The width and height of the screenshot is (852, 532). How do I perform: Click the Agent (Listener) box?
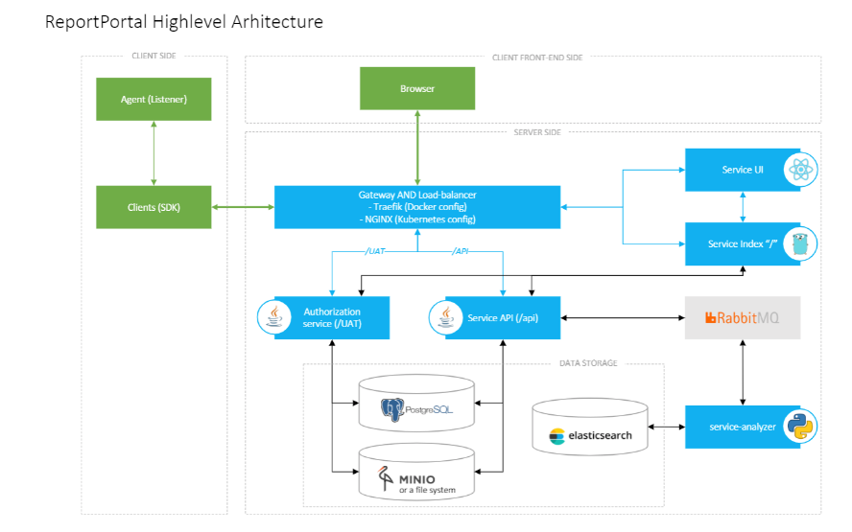(154, 100)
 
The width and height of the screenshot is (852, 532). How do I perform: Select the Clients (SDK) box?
(154, 207)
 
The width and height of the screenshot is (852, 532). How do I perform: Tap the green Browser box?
(416, 88)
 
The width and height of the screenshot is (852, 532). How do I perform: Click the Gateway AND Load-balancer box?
(416, 207)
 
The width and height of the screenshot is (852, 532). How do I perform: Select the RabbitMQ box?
(742, 317)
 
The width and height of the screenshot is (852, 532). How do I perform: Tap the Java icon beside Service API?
(447, 317)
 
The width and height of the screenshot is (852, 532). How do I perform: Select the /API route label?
(462, 252)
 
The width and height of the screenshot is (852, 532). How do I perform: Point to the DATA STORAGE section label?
(587, 363)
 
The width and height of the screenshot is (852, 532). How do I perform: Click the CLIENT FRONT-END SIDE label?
(536, 58)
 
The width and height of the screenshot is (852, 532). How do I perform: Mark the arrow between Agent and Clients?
(154, 153)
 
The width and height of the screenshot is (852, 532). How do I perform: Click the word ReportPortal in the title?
(96, 21)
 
